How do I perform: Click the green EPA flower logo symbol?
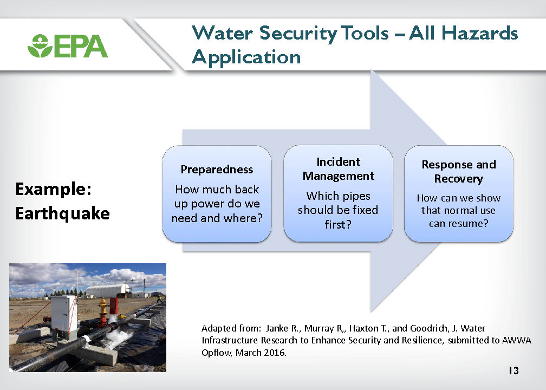(x=40, y=45)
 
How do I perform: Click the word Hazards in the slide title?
(x=480, y=34)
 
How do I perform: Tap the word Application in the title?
(x=246, y=57)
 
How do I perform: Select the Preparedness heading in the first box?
(x=217, y=170)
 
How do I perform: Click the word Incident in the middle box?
(x=338, y=162)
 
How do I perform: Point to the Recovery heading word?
(x=458, y=179)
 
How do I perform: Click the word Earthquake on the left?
(x=63, y=213)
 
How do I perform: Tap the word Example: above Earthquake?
(x=53, y=189)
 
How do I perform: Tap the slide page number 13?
(x=513, y=370)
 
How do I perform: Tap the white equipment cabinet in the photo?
(x=63, y=314)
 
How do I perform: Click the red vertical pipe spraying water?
(x=114, y=308)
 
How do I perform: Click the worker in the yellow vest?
(x=159, y=298)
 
